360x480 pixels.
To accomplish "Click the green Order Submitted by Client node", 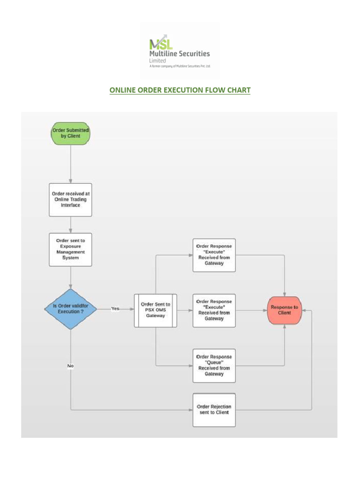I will point(70,133).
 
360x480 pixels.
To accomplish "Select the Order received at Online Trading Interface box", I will point(70,199).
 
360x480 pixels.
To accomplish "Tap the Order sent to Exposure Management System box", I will point(70,249).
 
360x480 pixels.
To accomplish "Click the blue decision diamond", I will point(70,308).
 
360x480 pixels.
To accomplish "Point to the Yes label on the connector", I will point(115,308).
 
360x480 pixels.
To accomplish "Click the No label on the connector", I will point(70,366).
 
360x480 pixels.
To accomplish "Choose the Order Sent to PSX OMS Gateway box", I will point(156,310).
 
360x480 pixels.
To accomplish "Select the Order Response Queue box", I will point(214,365).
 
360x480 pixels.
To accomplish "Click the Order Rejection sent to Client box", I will point(214,409).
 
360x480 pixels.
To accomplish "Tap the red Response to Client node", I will point(284,310).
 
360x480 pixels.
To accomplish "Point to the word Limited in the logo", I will point(157,60).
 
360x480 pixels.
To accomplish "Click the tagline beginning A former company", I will point(180,66).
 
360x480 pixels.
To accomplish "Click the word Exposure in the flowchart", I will point(70,246).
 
